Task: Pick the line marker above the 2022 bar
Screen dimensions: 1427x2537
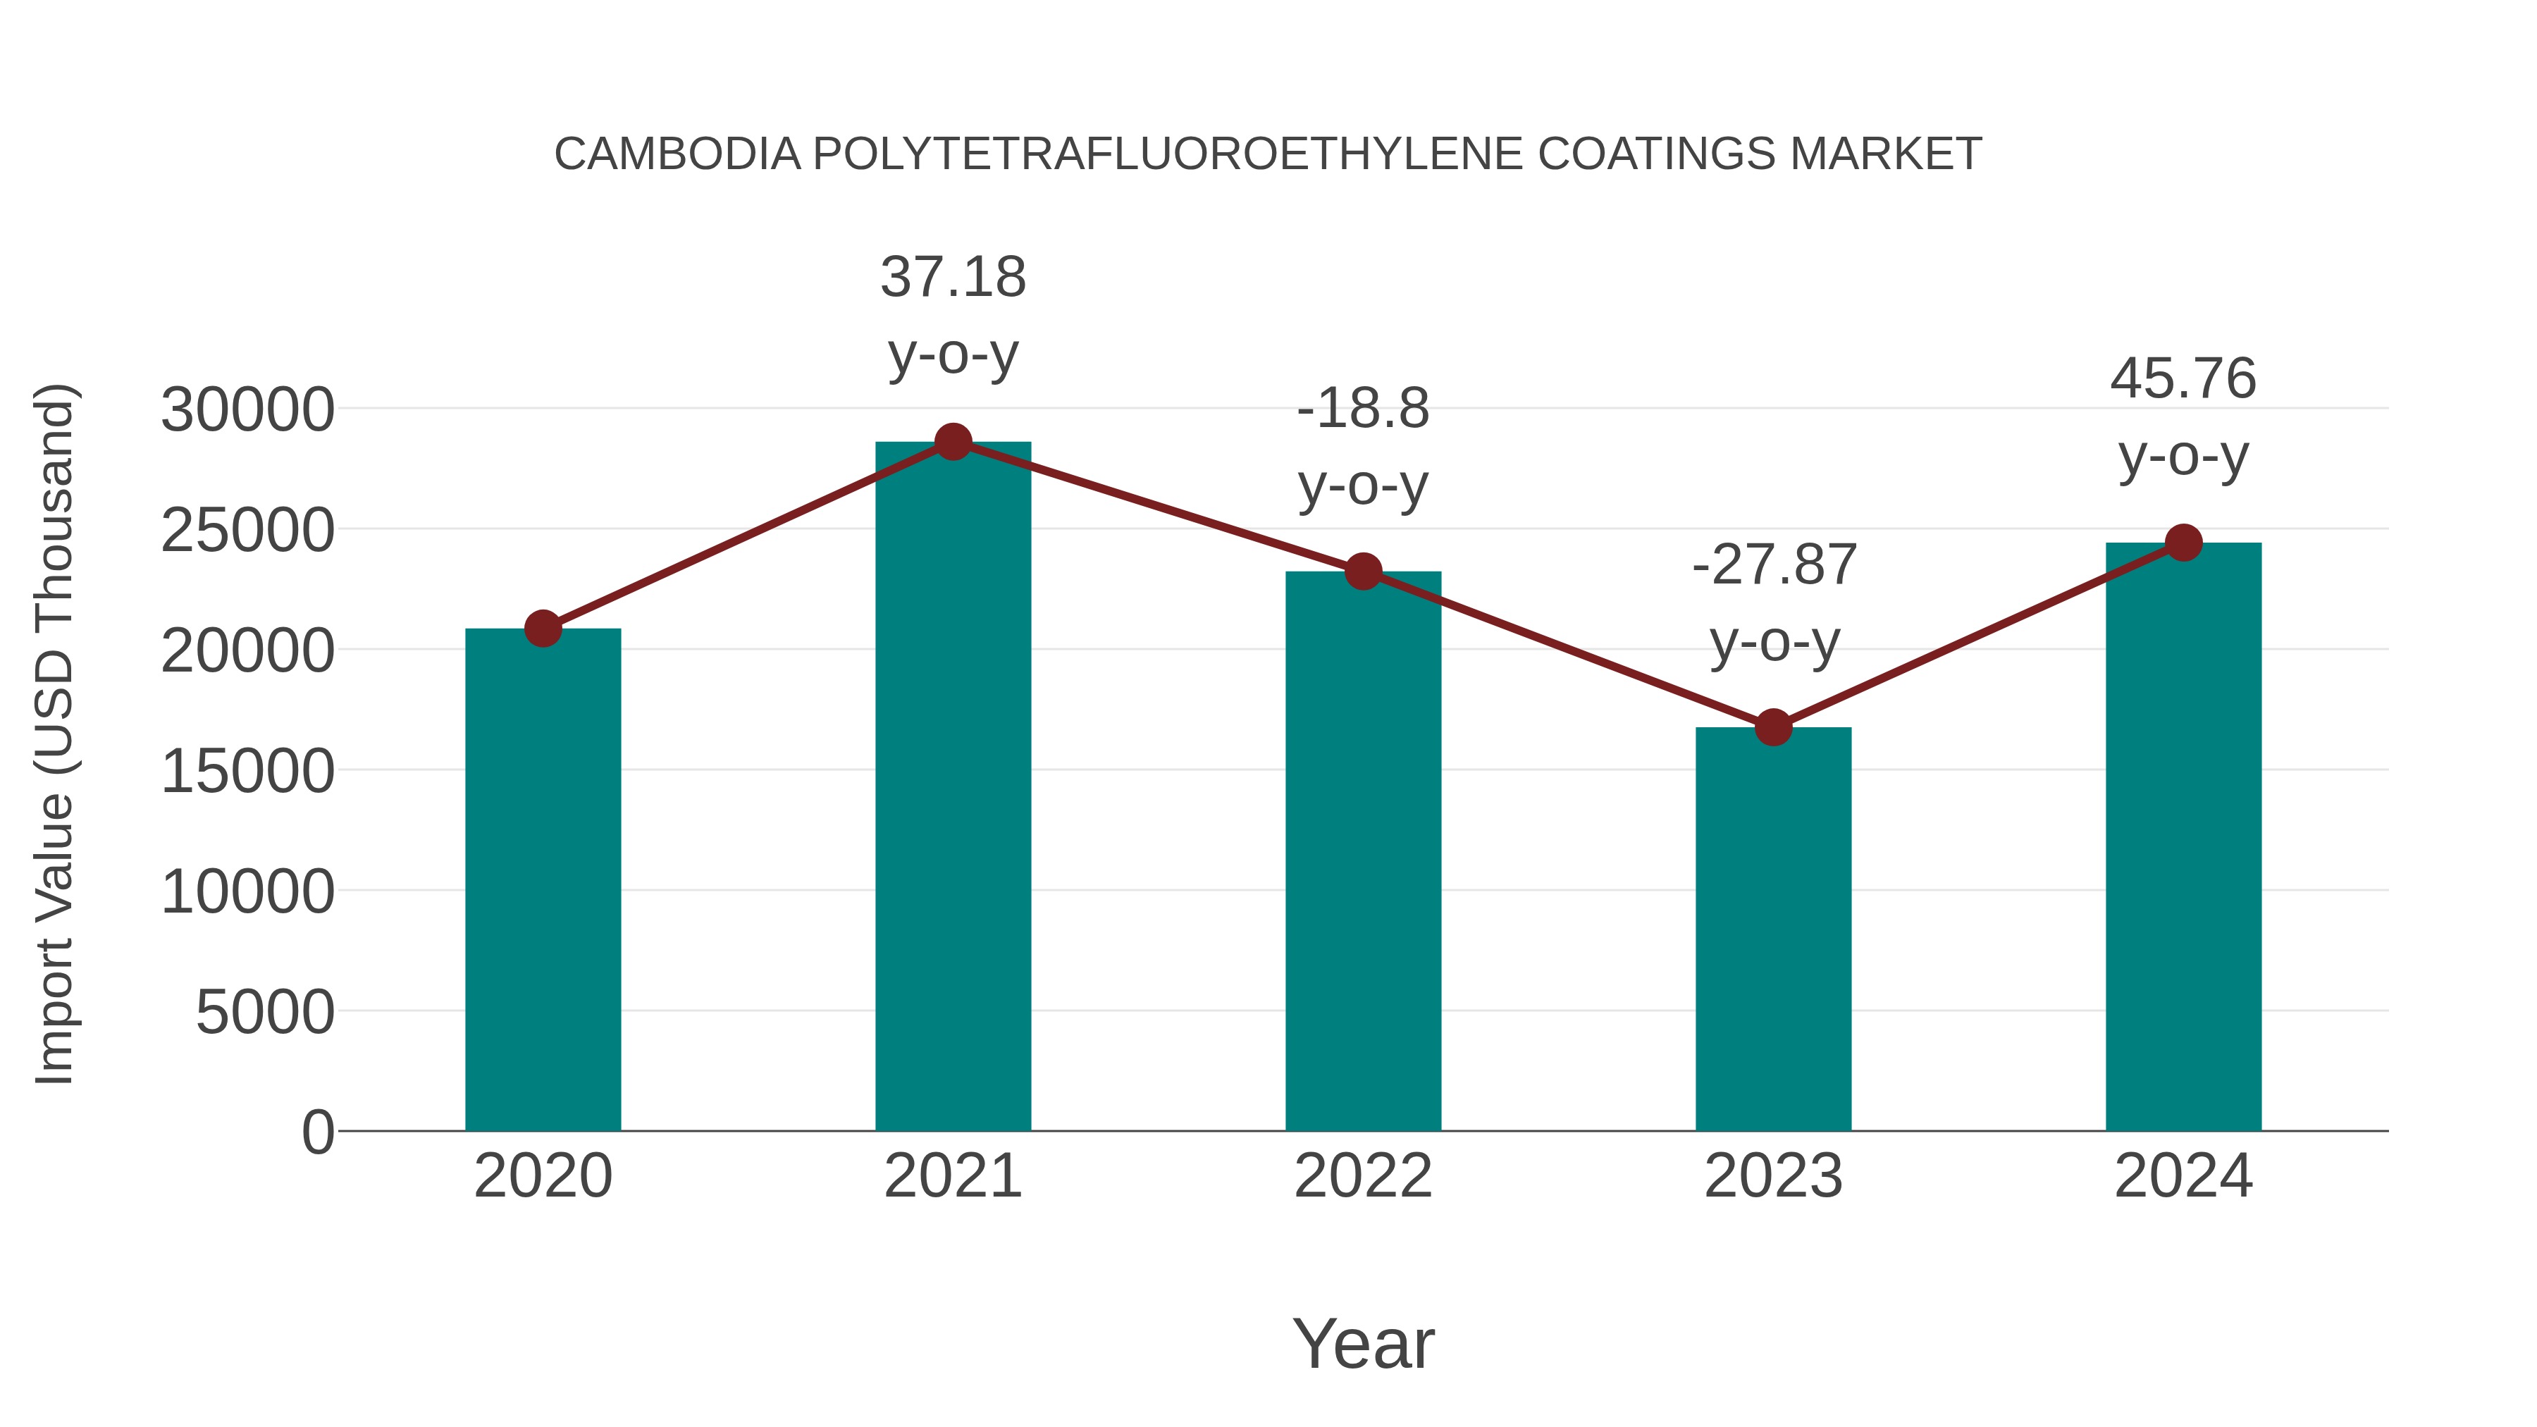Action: click(1363, 572)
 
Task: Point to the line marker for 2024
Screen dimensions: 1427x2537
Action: click(2183, 543)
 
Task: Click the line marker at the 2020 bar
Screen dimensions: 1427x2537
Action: click(543, 629)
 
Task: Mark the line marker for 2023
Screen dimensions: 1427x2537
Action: click(1773, 728)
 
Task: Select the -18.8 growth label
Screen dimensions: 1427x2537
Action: click(1363, 409)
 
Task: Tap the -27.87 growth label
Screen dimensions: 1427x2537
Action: click(1774, 565)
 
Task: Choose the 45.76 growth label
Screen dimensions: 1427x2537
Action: click(2183, 379)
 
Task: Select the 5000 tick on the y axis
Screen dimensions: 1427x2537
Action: click(265, 1013)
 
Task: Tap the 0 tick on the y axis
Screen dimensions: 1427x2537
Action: click(317, 1132)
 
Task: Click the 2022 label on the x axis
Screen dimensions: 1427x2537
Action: click(1363, 1176)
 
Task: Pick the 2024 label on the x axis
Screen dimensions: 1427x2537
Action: click(2183, 1176)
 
